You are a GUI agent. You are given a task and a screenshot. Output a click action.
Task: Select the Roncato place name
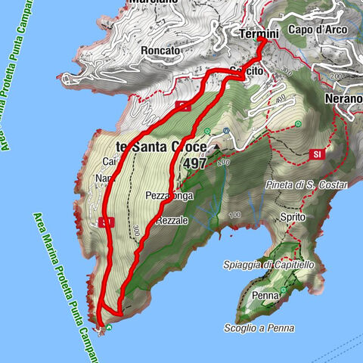click(x=160, y=51)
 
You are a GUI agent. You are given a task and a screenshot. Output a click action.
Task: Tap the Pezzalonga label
click(x=169, y=195)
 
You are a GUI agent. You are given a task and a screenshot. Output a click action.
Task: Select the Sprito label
click(x=291, y=216)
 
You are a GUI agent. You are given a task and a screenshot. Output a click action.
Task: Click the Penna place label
click(x=266, y=296)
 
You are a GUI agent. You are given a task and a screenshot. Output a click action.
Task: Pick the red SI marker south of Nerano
click(x=316, y=154)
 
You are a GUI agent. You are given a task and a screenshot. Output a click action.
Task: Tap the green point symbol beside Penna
click(x=283, y=290)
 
